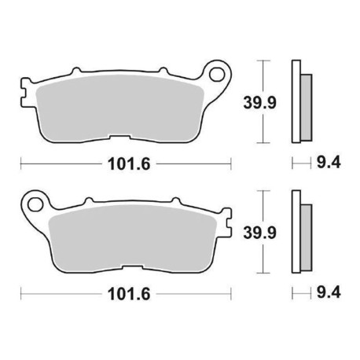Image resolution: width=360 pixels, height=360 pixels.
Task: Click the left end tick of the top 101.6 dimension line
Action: (20, 164)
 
